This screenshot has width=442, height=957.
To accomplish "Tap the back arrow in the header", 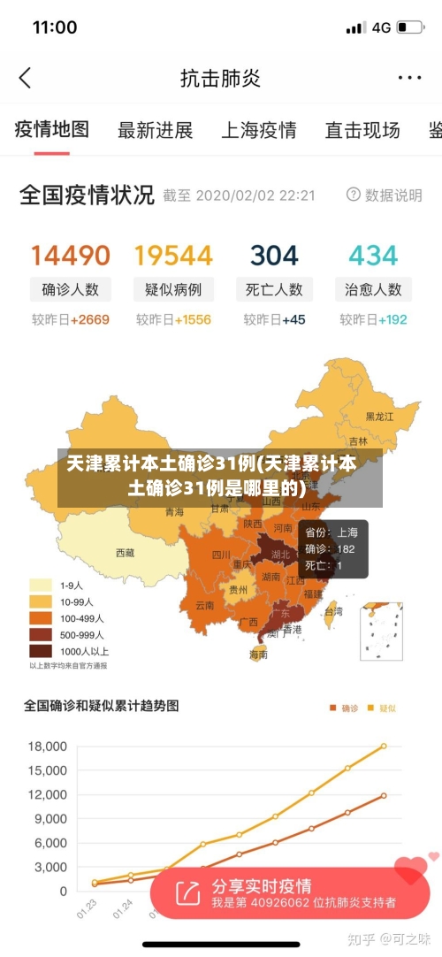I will click(x=25, y=78).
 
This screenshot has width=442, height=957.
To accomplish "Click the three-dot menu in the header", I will click(x=409, y=78).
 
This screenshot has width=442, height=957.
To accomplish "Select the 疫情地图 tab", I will click(x=52, y=130).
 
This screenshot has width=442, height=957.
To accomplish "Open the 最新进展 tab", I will click(x=155, y=131).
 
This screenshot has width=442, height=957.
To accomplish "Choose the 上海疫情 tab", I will click(x=258, y=131).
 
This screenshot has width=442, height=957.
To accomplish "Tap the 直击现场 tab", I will click(x=362, y=131).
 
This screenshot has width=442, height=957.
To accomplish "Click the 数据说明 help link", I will click(x=385, y=195).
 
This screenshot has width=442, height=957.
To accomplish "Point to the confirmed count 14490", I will click(x=71, y=256).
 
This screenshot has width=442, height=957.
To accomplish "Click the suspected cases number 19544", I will click(x=173, y=256).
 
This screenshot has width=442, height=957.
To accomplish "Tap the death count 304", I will click(x=274, y=256).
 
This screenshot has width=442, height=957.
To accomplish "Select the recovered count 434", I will click(x=373, y=256).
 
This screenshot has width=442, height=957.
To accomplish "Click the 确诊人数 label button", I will click(x=71, y=289).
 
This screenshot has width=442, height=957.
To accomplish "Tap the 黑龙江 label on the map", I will click(x=381, y=416).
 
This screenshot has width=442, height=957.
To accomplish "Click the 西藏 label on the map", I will click(x=126, y=553).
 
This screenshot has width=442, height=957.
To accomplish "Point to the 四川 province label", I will click(x=220, y=555).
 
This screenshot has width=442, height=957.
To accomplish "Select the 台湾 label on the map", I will click(x=333, y=611).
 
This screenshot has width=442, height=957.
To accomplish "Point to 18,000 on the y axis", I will click(x=48, y=746).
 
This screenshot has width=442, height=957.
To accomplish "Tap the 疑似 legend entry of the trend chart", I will click(x=382, y=708).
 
